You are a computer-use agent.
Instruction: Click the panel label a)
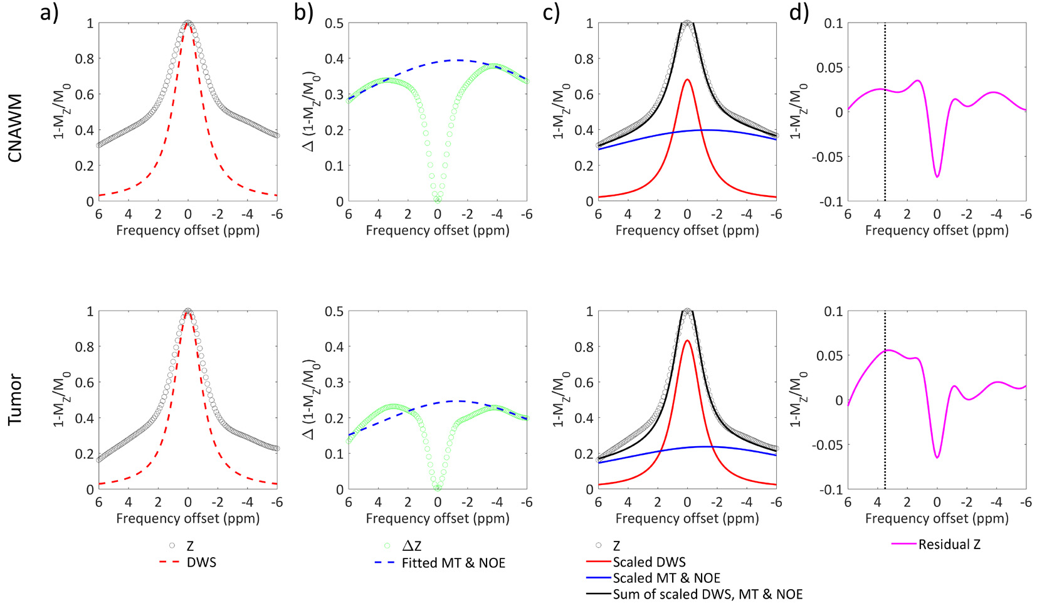click(x=49, y=13)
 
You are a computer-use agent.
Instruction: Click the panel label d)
click(x=799, y=13)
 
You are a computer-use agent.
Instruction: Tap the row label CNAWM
click(x=15, y=128)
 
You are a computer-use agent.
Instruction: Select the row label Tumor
click(x=15, y=400)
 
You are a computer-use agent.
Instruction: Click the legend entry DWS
click(x=201, y=562)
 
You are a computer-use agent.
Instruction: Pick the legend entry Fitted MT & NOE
click(x=453, y=563)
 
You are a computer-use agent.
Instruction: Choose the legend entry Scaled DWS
click(x=649, y=562)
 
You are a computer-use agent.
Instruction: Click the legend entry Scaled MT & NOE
click(x=666, y=578)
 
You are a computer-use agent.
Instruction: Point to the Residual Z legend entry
click(x=949, y=545)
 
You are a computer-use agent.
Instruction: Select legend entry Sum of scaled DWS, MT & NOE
click(x=707, y=594)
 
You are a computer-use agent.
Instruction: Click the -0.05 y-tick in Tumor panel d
click(x=828, y=445)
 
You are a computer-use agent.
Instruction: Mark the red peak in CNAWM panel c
click(x=688, y=80)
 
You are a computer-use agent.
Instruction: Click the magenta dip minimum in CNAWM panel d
click(x=937, y=177)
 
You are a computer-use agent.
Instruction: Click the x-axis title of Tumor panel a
click(x=187, y=518)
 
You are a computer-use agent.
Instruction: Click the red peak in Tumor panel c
click(x=688, y=341)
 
